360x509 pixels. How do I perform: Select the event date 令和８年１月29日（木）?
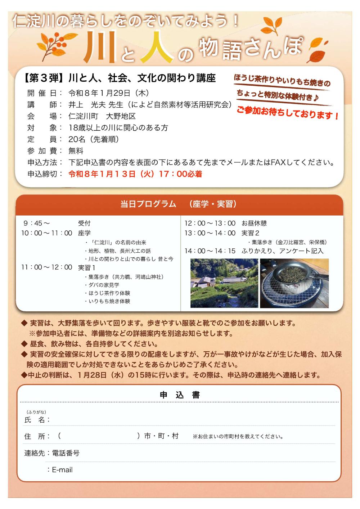[x=108, y=93]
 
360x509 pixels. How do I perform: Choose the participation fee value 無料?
[x=76, y=151]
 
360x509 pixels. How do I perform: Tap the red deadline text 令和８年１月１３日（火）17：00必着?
[x=135, y=174]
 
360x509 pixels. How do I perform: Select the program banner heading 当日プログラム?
[x=148, y=204]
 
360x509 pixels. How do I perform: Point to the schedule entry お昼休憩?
[x=254, y=223]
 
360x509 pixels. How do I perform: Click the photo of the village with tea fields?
[x=224, y=283]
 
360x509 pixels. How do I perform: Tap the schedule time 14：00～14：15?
[x=210, y=251]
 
